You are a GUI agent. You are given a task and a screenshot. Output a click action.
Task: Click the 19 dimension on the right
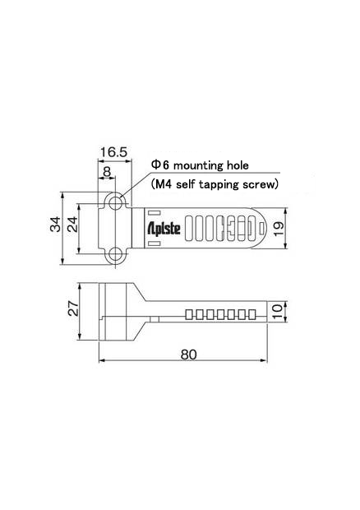279,228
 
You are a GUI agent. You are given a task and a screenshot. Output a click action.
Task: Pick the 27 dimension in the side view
72,310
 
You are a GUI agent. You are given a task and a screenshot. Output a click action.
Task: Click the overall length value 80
188,354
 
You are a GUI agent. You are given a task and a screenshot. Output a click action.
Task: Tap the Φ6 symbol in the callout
155,165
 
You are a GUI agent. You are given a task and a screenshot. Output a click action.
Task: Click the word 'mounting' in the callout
194,165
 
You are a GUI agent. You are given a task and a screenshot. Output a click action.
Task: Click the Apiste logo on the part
164,228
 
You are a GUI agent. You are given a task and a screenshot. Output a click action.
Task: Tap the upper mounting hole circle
117,202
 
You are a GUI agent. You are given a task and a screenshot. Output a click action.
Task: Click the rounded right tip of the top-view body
261,228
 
